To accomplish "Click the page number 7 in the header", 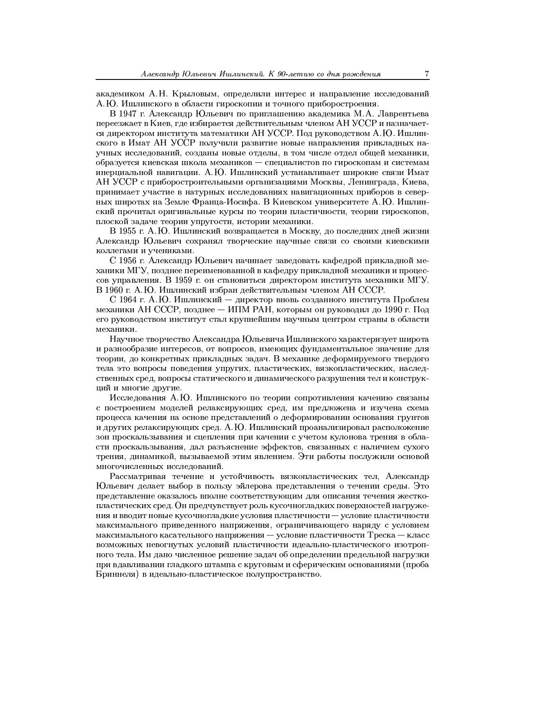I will point(427,74).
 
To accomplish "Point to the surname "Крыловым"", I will point(194,94).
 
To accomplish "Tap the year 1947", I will point(127,114).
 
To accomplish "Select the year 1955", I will point(127,231).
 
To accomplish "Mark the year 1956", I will point(127,261).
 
